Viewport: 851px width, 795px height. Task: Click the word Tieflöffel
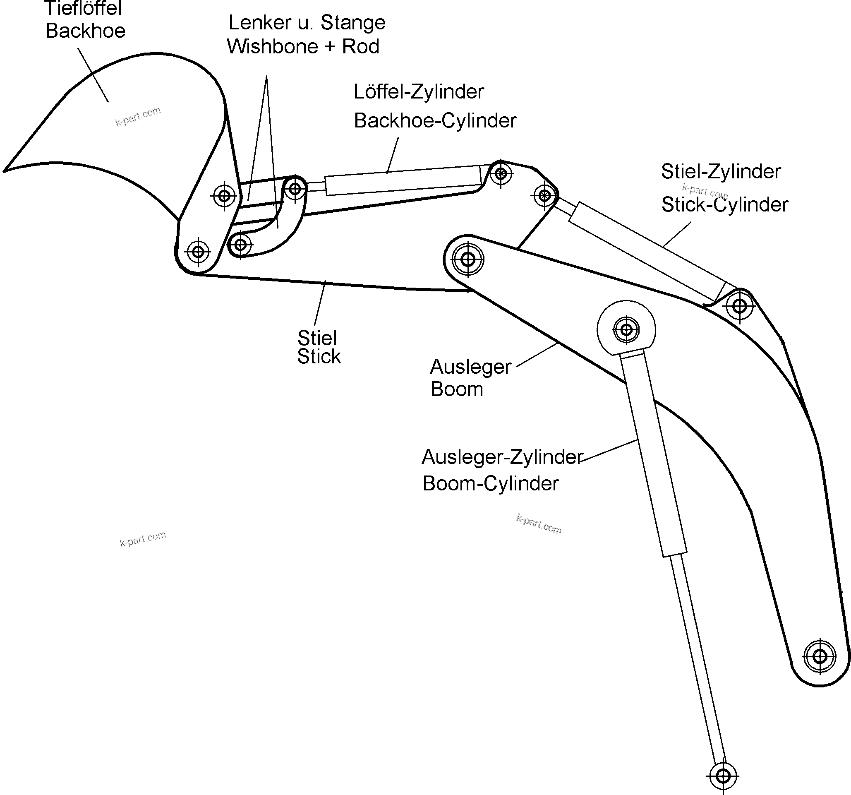pyautogui.click(x=83, y=9)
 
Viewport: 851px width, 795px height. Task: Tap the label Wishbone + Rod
pyautogui.click(x=303, y=47)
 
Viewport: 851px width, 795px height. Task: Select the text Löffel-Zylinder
pyautogui.click(x=418, y=92)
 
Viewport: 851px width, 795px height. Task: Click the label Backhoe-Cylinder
pyautogui.click(x=435, y=121)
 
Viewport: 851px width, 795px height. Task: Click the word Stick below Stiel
pyautogui.click(x=319, y=357)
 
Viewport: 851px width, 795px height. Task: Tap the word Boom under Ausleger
pyautogui.click(x=456, y=389)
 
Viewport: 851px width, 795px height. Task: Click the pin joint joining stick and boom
pyautogui.click(x=468, y=259)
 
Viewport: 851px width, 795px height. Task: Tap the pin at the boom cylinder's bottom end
pyautogui.click(x=723, y=776)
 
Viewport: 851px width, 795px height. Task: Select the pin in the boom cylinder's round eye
pyautogui.click(x=626, y=330)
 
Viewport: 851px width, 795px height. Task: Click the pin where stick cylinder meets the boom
pyautogui.click(x=740, y=306)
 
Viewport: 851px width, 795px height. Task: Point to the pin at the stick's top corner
pyautogui.click(x=501, y=173)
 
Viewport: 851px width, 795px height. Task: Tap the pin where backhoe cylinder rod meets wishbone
pyautogui.click(x=295, y=188)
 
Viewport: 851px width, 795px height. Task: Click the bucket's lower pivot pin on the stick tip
pyautogui.click(x=198, y=252)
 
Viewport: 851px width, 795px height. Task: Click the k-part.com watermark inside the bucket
pyautogui.click(x=138, y=116)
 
